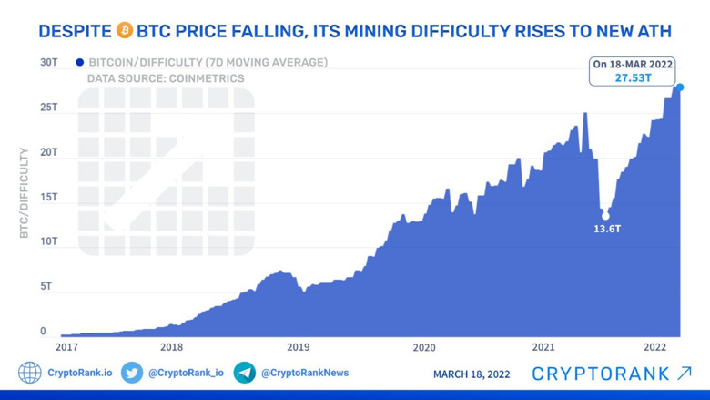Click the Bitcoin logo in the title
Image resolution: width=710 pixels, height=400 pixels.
click(125, 31)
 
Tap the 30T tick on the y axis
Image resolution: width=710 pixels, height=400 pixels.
click(48, 62)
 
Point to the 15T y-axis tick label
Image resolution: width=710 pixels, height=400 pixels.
click(48, 197)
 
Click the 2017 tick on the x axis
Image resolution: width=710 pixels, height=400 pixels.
click(66, 347)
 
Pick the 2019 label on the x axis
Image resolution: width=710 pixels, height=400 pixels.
click(298, 347)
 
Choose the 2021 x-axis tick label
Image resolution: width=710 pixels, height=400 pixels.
click(543, 347)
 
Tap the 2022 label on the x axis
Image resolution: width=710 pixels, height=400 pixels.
click(655, 347)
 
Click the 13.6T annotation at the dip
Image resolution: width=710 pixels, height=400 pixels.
click(607, 229)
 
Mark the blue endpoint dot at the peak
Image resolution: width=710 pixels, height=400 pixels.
click(680, 87)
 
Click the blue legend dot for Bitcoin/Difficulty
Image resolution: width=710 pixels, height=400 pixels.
click(80, 63)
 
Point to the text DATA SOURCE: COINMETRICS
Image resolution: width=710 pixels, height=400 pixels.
click(166, 79)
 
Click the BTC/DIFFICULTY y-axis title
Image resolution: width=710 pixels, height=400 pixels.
click(25, 193)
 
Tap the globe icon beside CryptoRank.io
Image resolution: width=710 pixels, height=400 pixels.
click(29, 373)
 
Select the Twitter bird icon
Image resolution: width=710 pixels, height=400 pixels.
click(132, 373)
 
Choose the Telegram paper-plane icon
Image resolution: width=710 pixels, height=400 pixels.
click(245, 373)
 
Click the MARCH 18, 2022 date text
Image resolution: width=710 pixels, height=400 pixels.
click(472, 374)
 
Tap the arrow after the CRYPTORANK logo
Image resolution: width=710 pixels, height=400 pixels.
click(685, 374)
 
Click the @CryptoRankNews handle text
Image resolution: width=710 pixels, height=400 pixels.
click(305, 373)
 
